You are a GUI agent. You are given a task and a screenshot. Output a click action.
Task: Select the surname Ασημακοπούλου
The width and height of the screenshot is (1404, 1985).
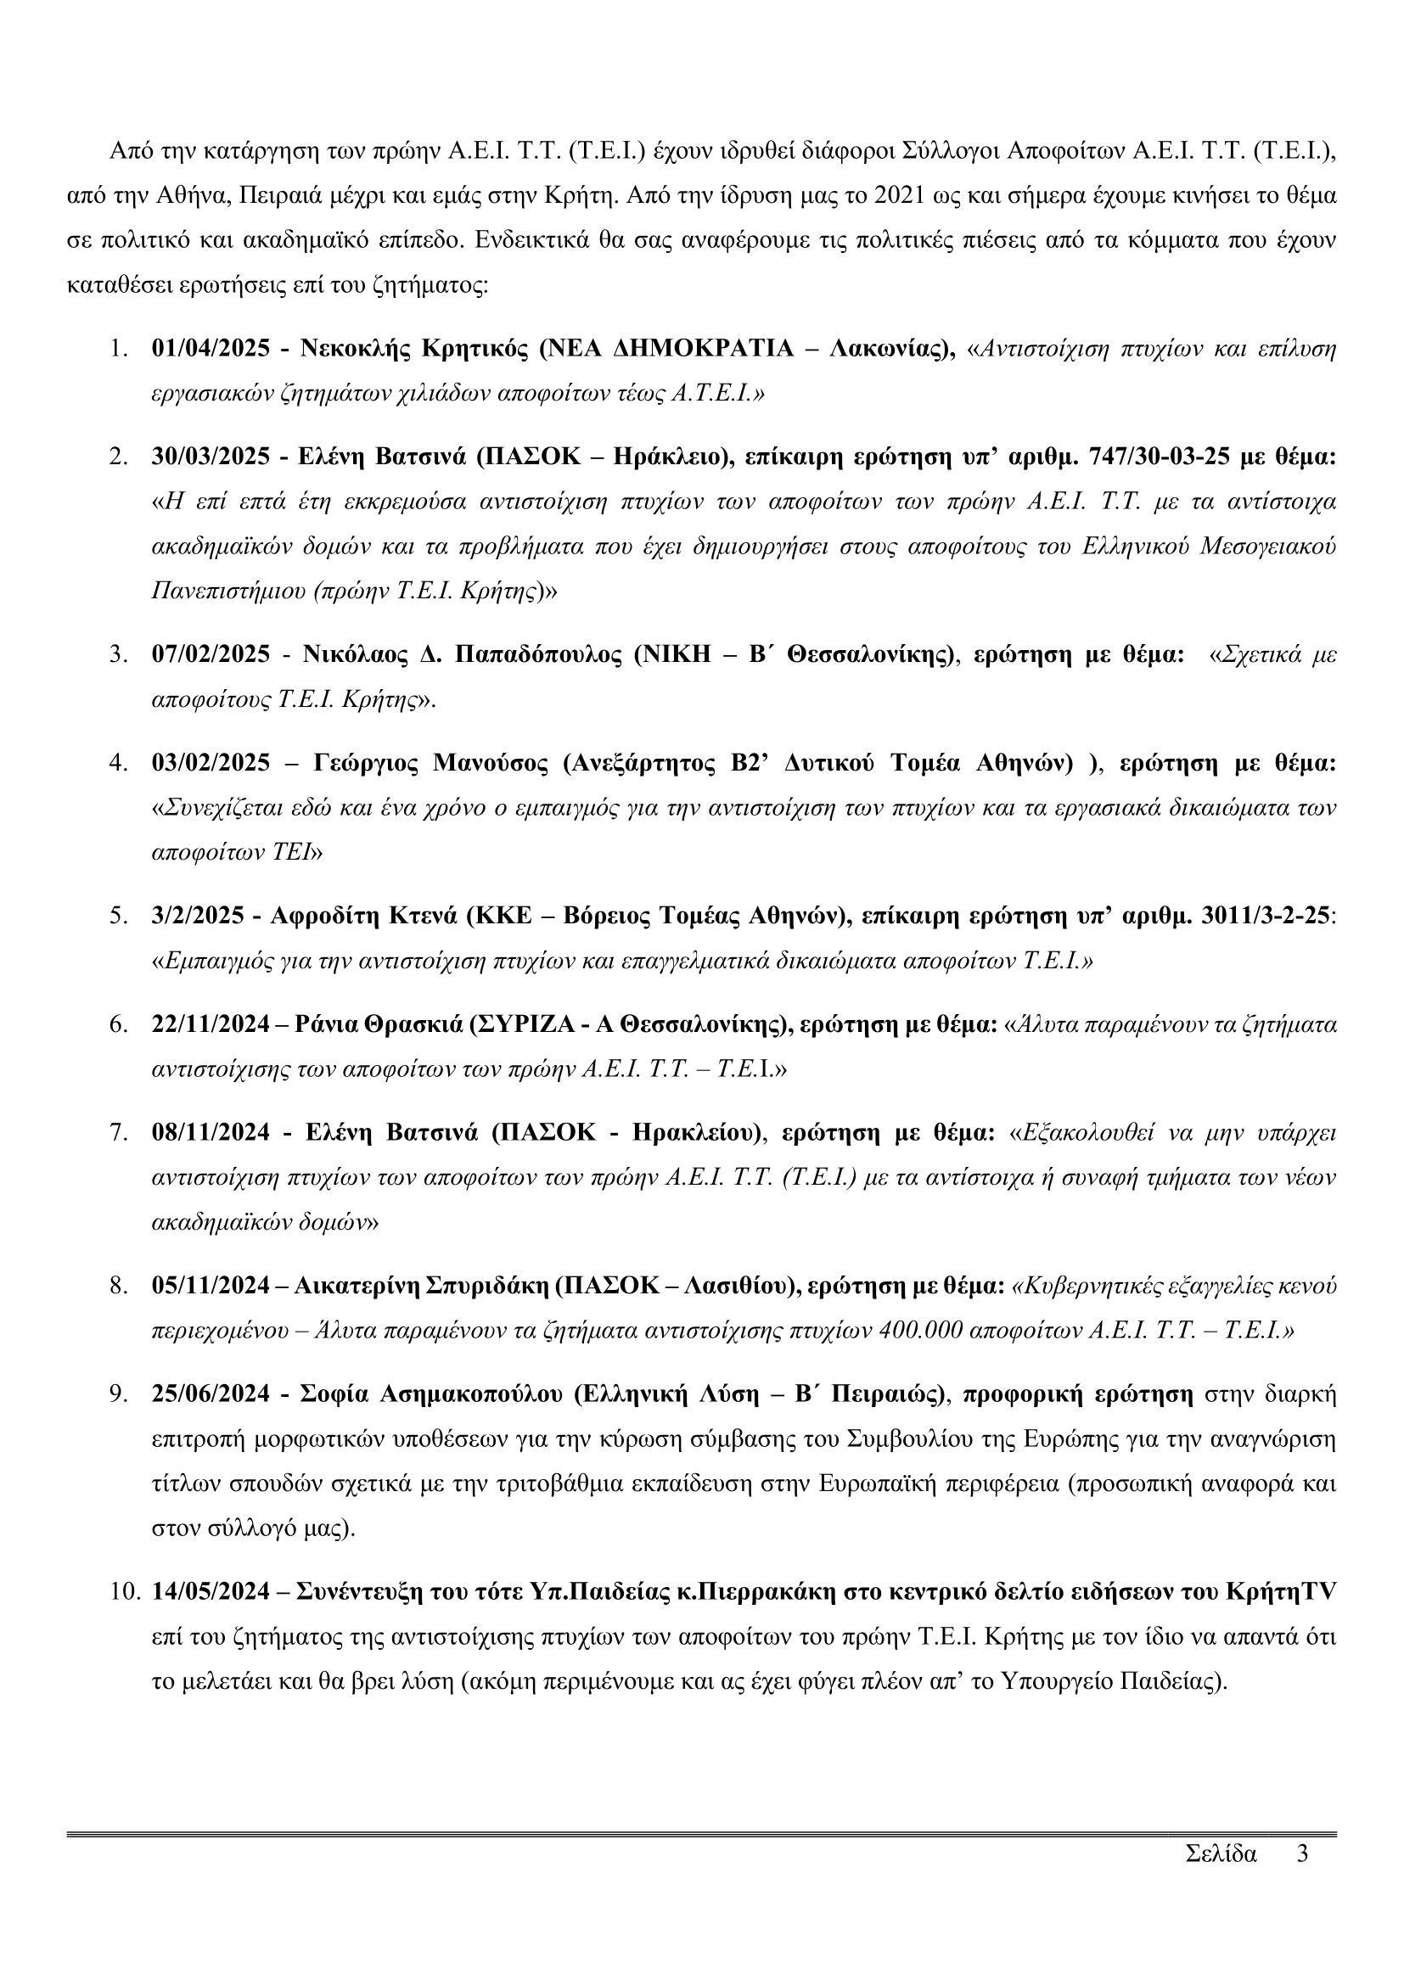click(471, 1394)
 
